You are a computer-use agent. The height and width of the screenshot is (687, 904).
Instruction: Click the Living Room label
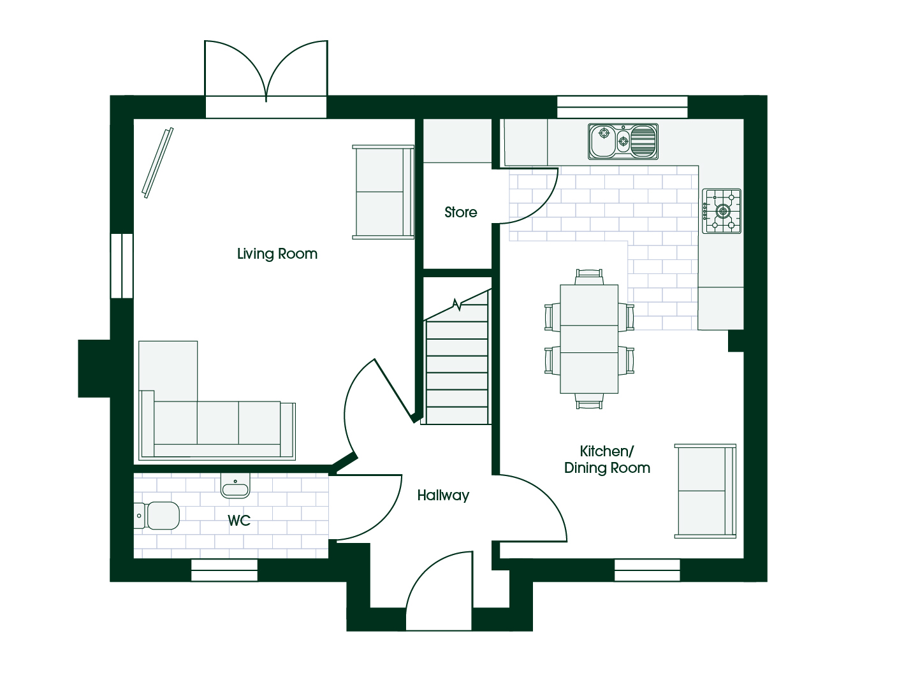[277, 254]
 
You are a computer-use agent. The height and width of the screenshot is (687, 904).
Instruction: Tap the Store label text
[460, 212]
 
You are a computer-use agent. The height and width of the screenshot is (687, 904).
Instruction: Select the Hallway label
[443, 495]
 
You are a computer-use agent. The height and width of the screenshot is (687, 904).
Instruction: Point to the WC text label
[239, 521]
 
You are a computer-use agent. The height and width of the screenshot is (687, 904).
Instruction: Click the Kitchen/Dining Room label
[607, 459]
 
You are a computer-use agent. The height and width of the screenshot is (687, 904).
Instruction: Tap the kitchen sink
[623, 141]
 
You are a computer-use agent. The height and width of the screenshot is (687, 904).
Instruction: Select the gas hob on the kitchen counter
[722, 211]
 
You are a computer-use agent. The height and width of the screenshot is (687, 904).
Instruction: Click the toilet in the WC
[156, 516]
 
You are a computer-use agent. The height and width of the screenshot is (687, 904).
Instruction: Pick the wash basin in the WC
[235, 486]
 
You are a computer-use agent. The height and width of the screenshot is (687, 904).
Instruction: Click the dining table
[589, 339]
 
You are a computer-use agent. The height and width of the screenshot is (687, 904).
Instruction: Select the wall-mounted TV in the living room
[157, 163]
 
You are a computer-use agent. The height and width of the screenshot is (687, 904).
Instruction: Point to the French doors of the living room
[266, 78]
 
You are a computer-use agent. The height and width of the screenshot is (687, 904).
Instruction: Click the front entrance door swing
[439, 591]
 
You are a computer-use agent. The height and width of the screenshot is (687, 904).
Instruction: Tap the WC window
[224, 570]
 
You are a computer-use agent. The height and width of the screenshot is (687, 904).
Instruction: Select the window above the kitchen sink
[622, 107]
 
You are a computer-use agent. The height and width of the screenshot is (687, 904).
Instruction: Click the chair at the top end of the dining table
[589, 277]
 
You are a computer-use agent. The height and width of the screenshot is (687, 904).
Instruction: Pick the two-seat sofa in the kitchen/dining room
[705, 491]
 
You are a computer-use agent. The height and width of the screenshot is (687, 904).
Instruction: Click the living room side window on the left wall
[122, 266]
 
